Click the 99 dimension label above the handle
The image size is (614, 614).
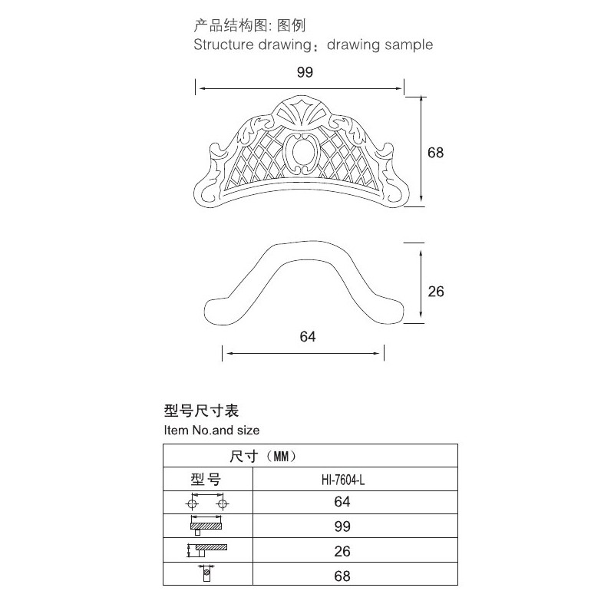point(305,72)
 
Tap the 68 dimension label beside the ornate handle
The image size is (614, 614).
point(435,152)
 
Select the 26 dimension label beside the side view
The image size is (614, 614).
point(436,292)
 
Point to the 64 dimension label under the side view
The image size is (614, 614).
point(308,336)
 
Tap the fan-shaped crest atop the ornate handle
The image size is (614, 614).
point(301,111)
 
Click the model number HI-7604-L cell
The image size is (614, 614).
point(343,480)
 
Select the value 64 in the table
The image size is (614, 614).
point(342,502)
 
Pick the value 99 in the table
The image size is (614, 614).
point(342,527)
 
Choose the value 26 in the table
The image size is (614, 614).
point(342,551)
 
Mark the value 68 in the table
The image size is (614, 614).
point(342,576)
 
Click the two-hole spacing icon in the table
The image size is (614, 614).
point(207,502)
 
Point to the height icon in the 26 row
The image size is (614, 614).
point(206,550)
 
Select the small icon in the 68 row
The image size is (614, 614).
point(206,573)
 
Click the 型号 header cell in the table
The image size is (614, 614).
point(206,479)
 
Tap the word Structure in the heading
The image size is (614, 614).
point(223,45)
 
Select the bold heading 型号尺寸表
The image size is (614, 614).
point(201,411)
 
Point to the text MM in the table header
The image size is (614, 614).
point(281,456)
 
